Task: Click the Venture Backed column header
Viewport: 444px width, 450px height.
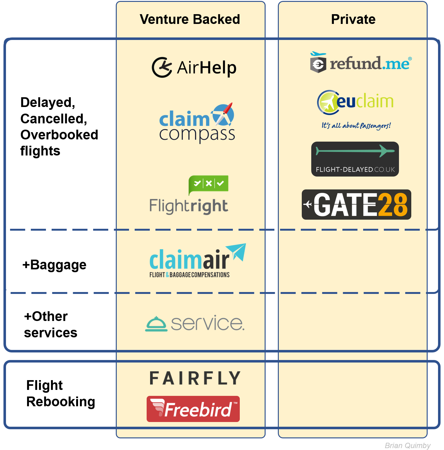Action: [x=190, y=20]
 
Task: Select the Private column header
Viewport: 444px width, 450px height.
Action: [x=353, y=20]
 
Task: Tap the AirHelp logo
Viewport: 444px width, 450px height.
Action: [x=194, y=67]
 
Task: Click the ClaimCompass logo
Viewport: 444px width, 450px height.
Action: [x=197, y=123]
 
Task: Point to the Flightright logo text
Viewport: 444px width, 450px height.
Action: [x=188, y=206]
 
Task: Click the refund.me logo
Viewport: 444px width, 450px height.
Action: [x=361, y=63]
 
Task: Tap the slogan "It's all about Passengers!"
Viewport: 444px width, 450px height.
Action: [x=356, y=126]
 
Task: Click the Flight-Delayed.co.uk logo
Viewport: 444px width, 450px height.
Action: [x=355, y=159]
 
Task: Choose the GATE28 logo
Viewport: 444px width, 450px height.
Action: [x=356, y=205]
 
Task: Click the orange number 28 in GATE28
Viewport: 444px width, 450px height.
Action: [x=393, y=205]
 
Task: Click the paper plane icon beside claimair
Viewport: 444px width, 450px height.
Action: [x=237, y=251]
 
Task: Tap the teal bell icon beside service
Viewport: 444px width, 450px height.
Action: [x=156, y=324]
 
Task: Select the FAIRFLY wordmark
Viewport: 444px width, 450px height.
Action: [x=195, y=378]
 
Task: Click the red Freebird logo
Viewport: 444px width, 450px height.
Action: [x=193, y=409]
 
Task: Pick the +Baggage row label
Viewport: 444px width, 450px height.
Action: [x=54, y=265]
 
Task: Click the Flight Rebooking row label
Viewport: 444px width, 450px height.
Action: [x=60, y=393]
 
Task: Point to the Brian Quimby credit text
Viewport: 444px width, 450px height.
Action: [x=407, y=445]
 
